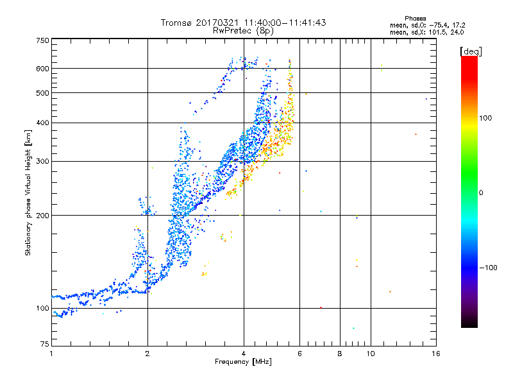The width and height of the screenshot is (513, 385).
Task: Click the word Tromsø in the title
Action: (177, 22)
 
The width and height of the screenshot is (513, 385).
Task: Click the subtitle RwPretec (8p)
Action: (244, 31)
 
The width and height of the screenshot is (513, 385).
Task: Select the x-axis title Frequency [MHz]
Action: (243, 362)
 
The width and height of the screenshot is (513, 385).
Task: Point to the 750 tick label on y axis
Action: (43, 40)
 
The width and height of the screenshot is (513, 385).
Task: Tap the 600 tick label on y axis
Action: (43, 69)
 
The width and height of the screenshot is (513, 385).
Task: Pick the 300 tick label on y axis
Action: (43, 161)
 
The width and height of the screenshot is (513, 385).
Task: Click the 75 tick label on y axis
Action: (45, 344)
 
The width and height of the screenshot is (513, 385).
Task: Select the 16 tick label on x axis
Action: (436, 354)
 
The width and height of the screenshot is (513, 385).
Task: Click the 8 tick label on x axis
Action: (340, 354)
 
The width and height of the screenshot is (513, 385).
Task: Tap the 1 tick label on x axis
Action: (51, 354)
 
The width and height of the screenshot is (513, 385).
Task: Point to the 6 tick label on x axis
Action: (299, 354)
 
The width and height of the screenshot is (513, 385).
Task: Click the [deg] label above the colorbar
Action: (471, 51)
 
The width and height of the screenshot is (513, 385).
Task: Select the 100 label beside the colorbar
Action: (485, 118)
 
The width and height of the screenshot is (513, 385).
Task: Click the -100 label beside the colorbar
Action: (488, 268)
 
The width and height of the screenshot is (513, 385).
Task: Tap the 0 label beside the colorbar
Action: (481, 193)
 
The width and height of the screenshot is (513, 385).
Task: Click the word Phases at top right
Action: (415, 19)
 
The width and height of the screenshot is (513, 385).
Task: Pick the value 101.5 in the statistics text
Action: (437, 32)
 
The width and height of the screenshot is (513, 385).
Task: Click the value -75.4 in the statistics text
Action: (439, 25)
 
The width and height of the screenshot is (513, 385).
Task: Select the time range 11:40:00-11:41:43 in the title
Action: (285, 22)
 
